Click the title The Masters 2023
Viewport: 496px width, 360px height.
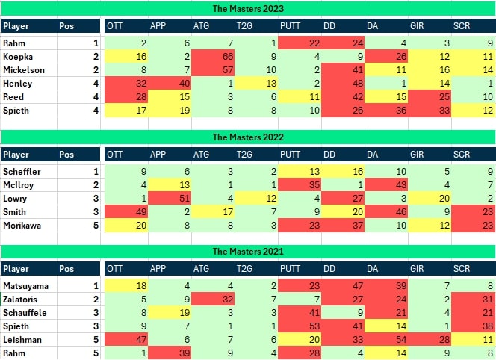point(248,8)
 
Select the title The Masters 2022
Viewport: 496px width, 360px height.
point(248,137)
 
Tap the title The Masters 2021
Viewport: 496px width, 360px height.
point(248,250)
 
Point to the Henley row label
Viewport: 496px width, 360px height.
point(18,84)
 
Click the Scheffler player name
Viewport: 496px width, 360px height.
point(22,173)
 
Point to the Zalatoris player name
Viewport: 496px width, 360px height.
point(22,299)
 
